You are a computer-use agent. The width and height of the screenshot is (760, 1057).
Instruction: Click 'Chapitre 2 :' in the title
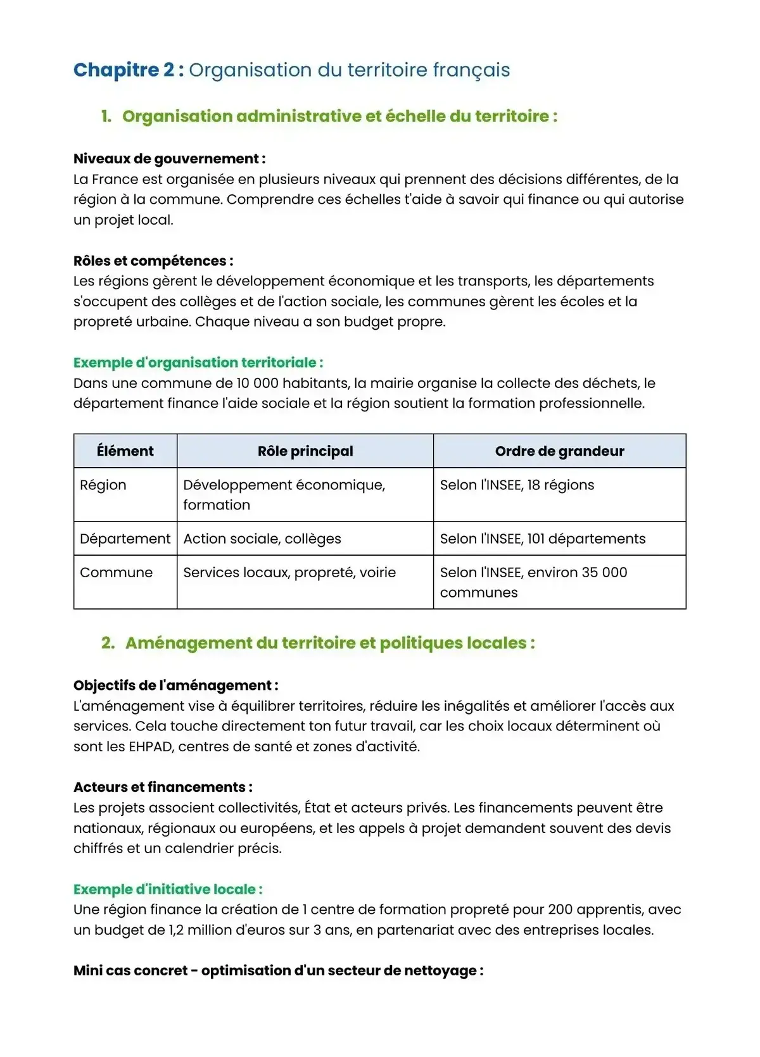click(129, 70)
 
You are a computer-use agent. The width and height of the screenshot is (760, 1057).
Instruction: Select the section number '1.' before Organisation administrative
click(106, 116)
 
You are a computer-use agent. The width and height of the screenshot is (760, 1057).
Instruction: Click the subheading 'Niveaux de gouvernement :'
click(169, 159)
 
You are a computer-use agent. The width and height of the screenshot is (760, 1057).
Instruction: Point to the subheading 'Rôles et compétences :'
click(153, 261)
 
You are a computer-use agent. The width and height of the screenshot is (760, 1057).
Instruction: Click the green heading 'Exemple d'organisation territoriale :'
click(198, 363)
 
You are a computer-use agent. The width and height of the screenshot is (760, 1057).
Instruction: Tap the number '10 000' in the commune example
click(257, 384)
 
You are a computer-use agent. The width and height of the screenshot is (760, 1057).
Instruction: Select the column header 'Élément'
click(125, 451)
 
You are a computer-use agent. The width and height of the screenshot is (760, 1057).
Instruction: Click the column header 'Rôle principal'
click(305, 451)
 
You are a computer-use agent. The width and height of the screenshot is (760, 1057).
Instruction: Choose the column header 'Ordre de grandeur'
click(559, 451)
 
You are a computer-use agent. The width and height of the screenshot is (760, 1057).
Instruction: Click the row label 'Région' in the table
click(103, 485)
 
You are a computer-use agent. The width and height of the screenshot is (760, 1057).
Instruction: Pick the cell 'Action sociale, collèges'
click(262, 539)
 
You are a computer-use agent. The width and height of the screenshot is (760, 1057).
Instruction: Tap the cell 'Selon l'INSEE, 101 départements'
click(543, 539)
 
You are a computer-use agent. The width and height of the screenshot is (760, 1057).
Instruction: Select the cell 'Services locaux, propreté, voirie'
click(289, 573)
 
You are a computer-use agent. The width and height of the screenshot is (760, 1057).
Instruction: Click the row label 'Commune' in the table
click(117, 573)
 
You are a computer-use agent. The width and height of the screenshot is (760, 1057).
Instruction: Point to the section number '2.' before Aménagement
click(108, 643)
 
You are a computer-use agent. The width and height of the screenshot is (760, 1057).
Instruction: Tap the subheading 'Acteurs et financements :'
click(163, 787)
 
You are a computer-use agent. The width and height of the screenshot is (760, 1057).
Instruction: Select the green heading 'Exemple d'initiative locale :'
click(168, 889)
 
